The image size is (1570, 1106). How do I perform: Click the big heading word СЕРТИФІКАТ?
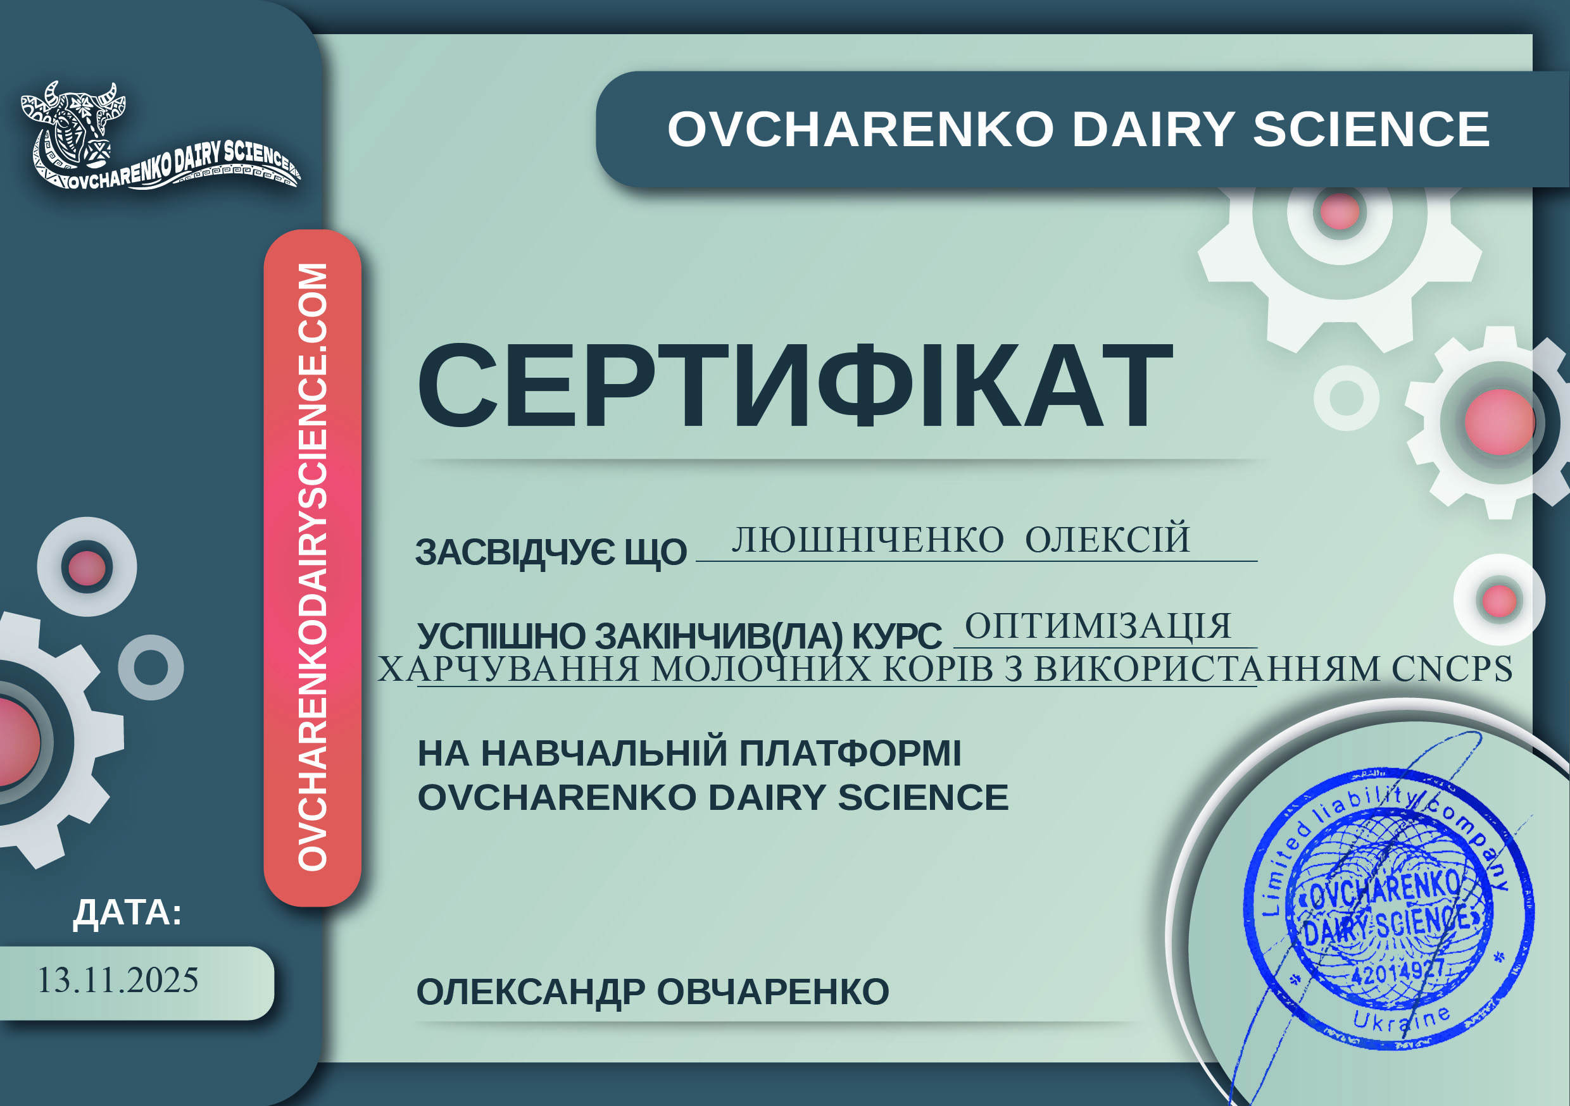794,386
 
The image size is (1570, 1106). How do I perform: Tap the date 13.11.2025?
117,979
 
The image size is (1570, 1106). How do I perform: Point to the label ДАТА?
128,913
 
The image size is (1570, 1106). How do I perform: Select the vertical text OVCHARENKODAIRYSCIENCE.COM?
313,567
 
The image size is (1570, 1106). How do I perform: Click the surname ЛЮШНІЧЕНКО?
868,540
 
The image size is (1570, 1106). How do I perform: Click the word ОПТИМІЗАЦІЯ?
1098,626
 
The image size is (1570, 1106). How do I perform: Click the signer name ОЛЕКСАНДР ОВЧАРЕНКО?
652,992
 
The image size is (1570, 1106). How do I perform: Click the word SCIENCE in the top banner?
1371,129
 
